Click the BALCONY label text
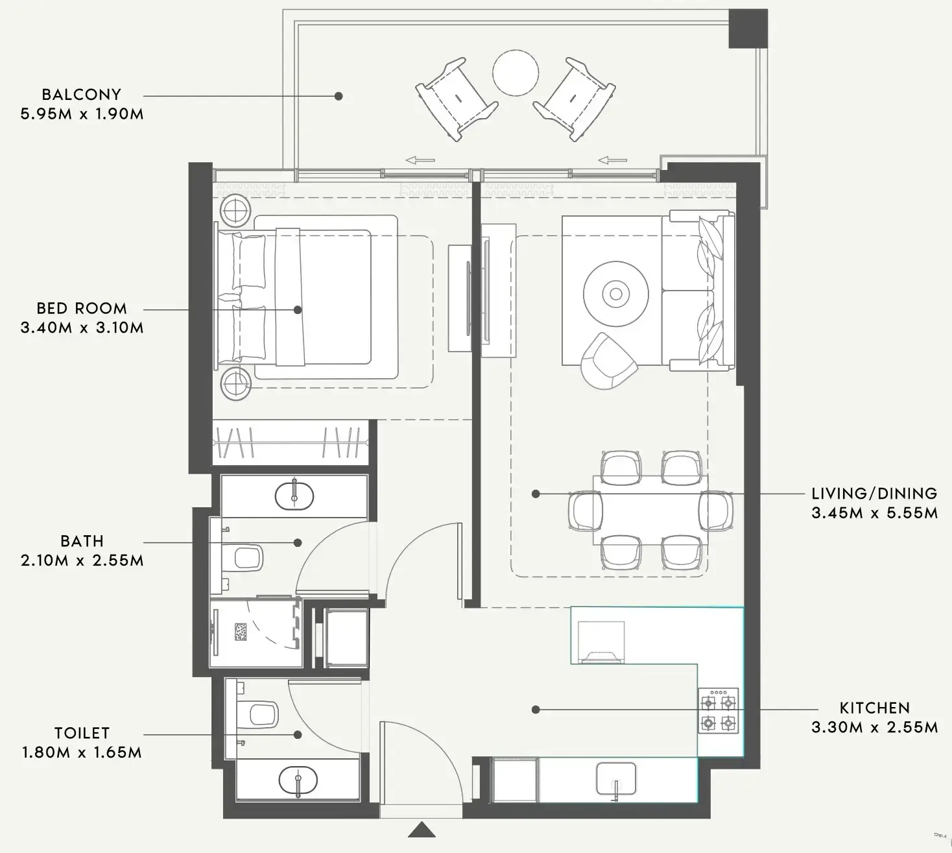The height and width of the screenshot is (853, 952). pyautogui.click(x=81, y=94)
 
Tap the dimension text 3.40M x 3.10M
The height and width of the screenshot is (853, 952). pyautogui.click(x=82, y=328)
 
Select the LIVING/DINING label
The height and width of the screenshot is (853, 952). pyautogui.click(x=874, y=493)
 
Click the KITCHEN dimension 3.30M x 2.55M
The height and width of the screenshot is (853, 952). pyautogui.click(x=874, y=727)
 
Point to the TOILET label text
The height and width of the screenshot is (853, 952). pyautogui.click(x=82, y=733)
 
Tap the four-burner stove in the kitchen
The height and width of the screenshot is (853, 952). pyautogui.click(x=719, y=711)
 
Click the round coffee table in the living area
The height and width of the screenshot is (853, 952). pyautogui.click(x=616, y=294)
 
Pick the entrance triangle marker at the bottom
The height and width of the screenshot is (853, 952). pyautogui.click(x=422, y=830)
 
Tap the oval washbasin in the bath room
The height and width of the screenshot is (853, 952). pyautogui.click(x=294, y=496)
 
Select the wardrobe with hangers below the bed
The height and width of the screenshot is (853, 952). pyautogui.click(x=290, y=442)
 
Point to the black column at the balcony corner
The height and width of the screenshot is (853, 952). pyautogui.click(x=748, y=29)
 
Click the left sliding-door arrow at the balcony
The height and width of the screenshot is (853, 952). pyautogui.click(x=420, y=160)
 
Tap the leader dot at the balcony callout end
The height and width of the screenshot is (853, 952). pyautogui.click(x=339, y=96)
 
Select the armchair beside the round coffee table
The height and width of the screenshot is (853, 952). pyautogui.click(x=608, y=361)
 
